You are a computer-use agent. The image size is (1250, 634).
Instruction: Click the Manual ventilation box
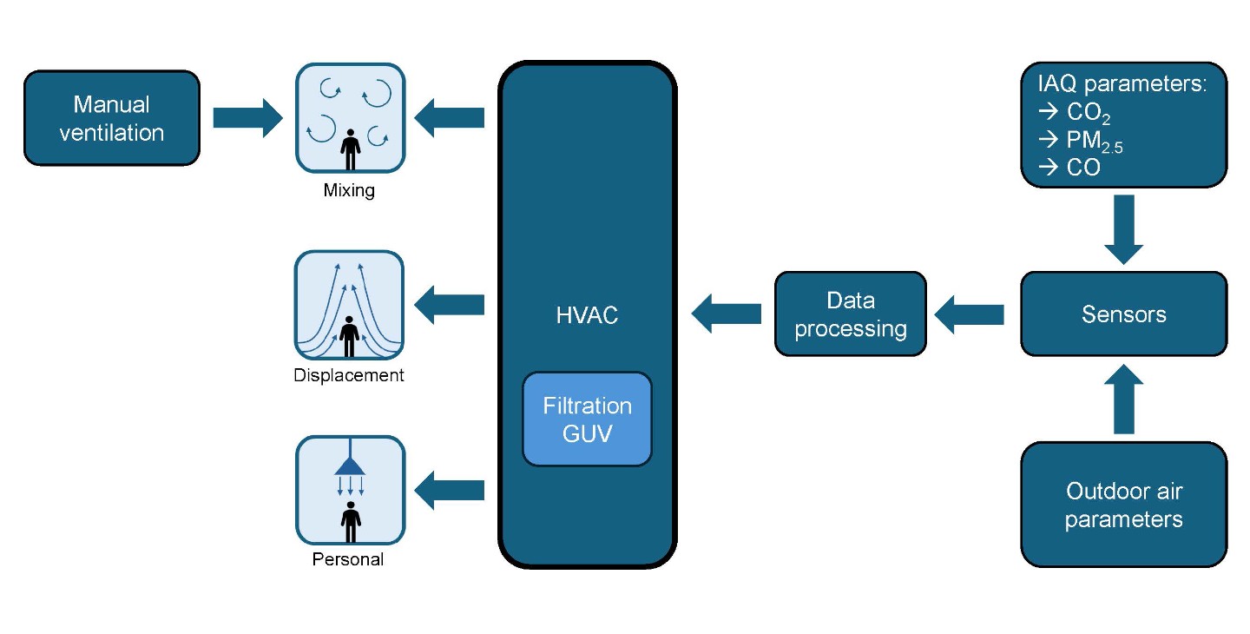click(112, 118)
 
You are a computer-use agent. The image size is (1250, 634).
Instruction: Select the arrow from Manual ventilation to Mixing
click(247, 118)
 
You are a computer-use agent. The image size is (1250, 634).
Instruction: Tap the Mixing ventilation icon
click(350, 118)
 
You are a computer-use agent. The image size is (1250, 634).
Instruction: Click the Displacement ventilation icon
click(349, 306)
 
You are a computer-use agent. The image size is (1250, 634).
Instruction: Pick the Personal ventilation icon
click(350, 491)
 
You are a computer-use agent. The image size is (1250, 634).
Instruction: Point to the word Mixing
click(349, 190)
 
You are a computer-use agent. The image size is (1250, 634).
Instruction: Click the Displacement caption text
click(348, 375)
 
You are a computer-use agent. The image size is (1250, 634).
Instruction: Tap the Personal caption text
click(347, 559)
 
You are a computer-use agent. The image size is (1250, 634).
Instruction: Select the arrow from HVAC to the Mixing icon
click(450, 118)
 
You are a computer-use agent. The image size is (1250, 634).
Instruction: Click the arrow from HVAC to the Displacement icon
click(450, 305)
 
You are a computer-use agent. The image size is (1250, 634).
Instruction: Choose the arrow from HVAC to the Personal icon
click(450, 491)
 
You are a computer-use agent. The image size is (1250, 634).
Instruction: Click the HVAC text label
click(587, 315)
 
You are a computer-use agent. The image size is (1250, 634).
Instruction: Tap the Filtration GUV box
click(587, 419)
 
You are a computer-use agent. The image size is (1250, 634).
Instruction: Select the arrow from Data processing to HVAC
click(726, 314)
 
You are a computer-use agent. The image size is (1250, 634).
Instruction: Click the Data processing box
click(851, 314)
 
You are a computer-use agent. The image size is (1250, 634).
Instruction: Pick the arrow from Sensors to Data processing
click(969, 314)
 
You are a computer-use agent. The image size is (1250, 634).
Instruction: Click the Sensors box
click(1124, 314)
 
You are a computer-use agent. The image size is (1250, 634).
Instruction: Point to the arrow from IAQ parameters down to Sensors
click(1124, 229)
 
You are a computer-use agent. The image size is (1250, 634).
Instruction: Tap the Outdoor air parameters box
click(1124, 505)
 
